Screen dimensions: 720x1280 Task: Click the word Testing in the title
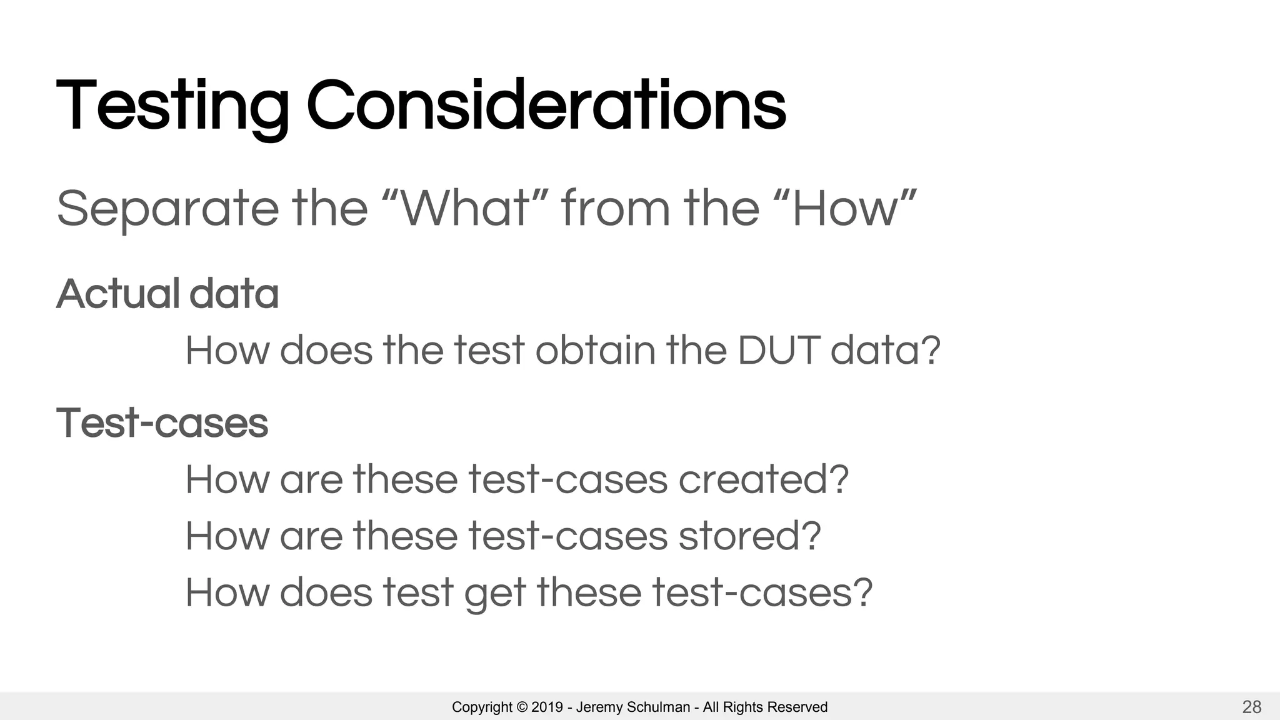pos(172,106)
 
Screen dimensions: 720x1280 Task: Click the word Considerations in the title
pos(546,106)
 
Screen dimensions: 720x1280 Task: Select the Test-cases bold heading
pos(162,423)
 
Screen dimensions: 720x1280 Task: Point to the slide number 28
pos(1251,707)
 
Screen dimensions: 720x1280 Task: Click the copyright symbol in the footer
pos(521,707)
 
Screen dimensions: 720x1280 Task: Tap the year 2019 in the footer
pos(547,707)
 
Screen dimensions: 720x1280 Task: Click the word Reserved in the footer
pos(797,707)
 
